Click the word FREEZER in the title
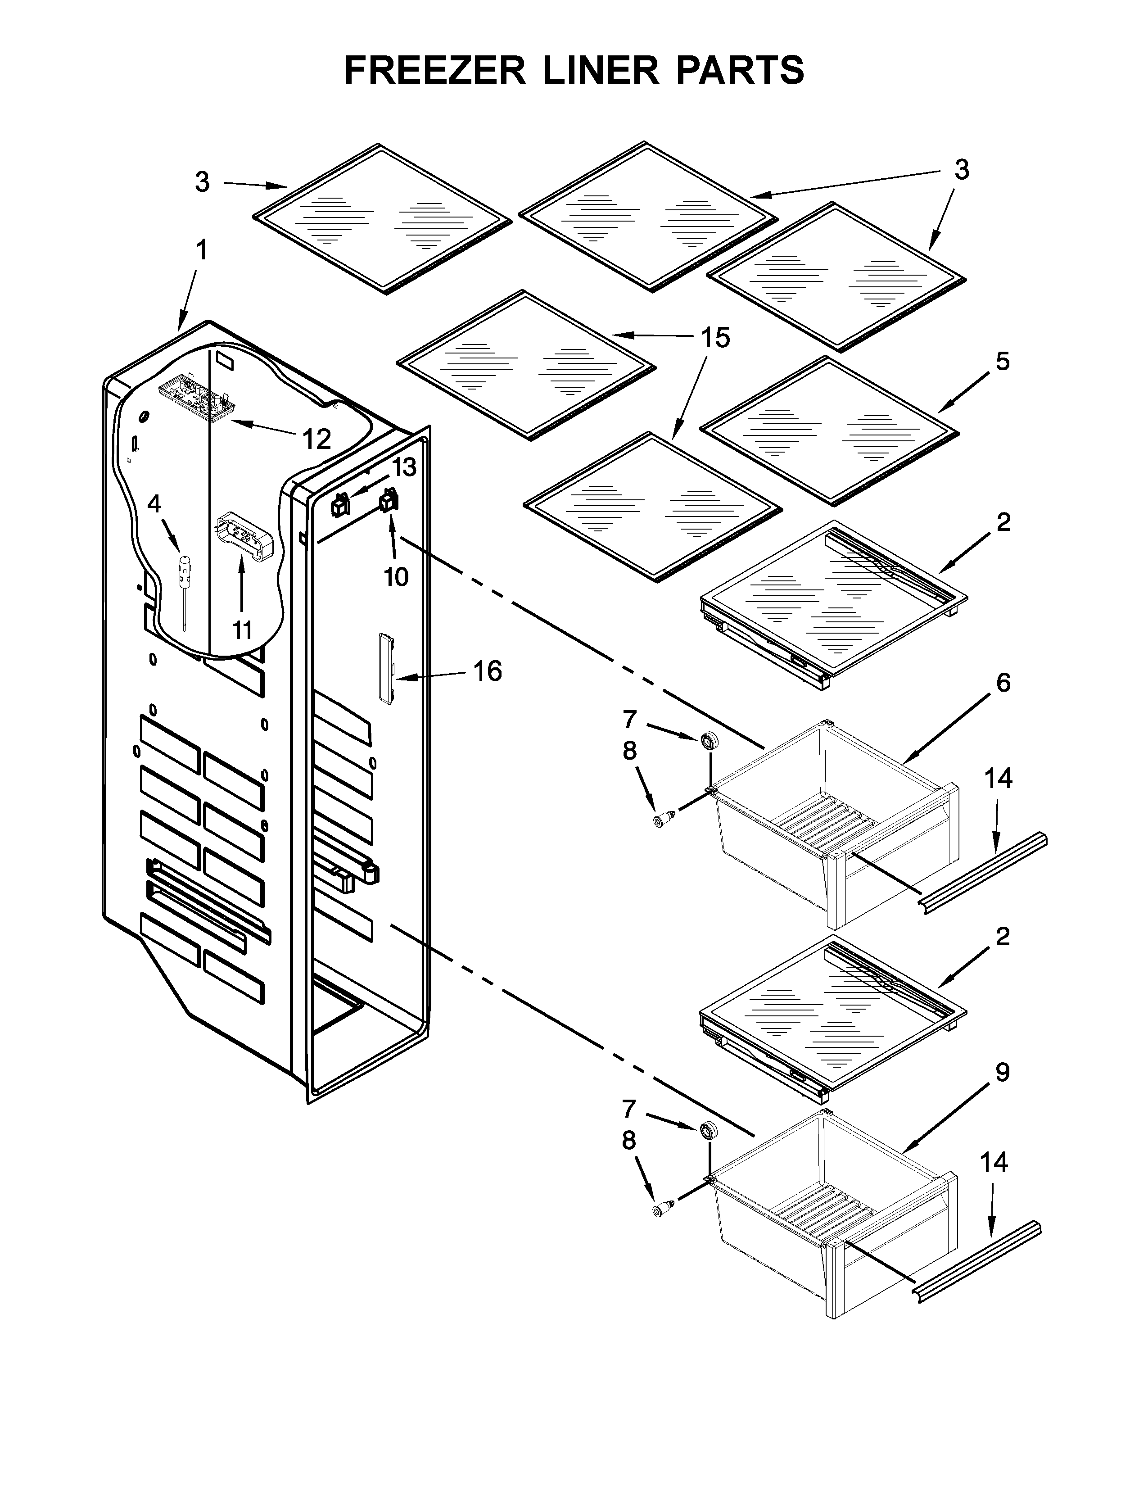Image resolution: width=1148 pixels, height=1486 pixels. click(435, 70)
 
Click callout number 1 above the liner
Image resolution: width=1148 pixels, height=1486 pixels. click(201, 250)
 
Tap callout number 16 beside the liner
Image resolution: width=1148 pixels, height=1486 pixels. click(487, 671)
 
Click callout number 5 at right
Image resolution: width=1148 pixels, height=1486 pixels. click(1003, 361)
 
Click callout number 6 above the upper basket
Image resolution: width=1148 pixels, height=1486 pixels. click(1003, 683)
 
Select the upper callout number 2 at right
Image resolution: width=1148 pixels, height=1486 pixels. click(1003, 522)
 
